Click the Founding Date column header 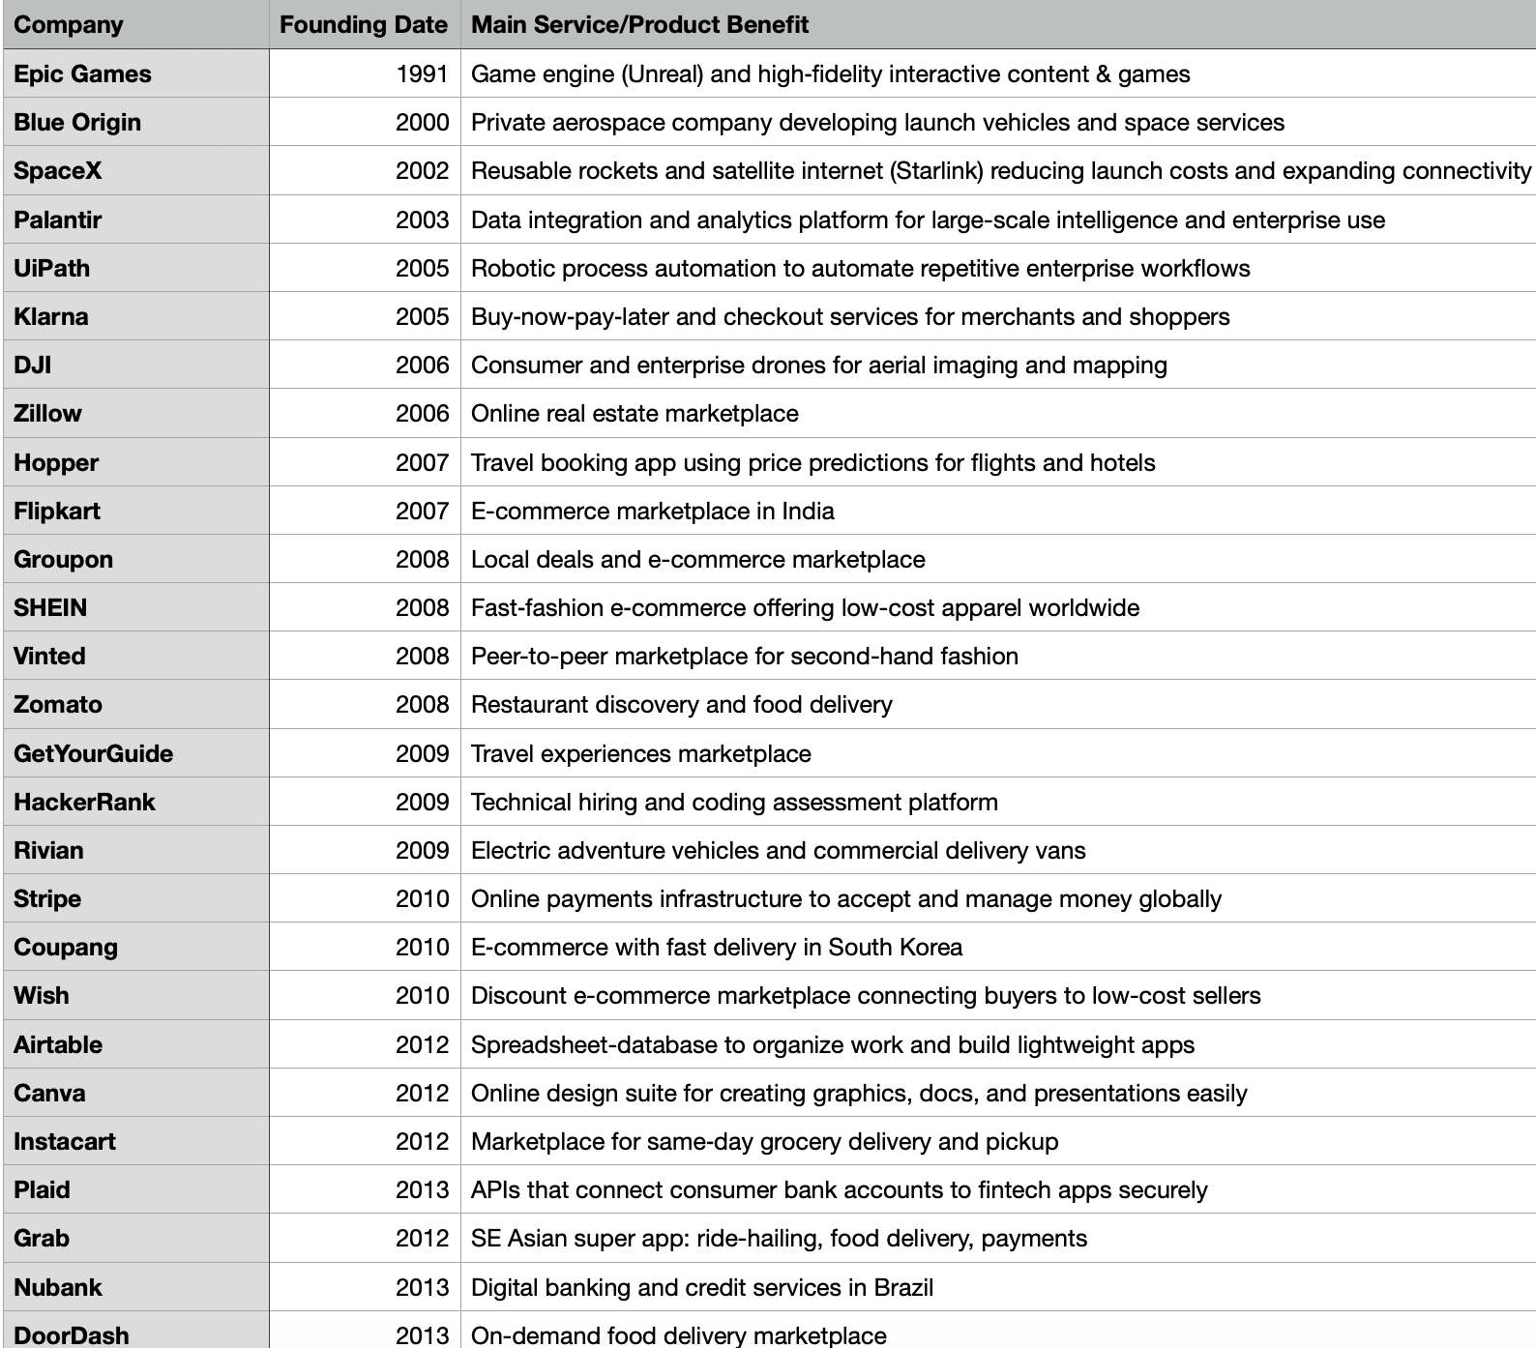pyautogui.click(x=363, y=25)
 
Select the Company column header pyautogui.click(x=69, y=25)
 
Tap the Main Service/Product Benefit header pyautogui.click(x=639, y=25)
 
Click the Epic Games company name pyautogui.click(x=82, y=74)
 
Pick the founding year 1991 pyautogui.click(x=423, y=74)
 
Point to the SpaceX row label pyautogui.click(x=57, y=171)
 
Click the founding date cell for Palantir pyautogui.click(x=423, y=220)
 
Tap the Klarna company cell pyautogui.click(x=50, y=317)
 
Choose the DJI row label pyautogui.click(x=32, y=366)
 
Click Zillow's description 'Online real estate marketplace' pyautogui.click(x=635, y=414)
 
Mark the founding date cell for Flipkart pyautogui.click(x=423, y=512)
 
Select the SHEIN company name pyautogui.click(x=50, y=608)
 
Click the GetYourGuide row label pyautogui.click(x=93, y=754)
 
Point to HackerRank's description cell pyautogui.click(x=734, y=803)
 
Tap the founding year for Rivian pyautogui.click(x=423, y=851)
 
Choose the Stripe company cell pyautogui.click(x=47, y=899)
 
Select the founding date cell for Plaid pyautogui.click(x=423, y=1190)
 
